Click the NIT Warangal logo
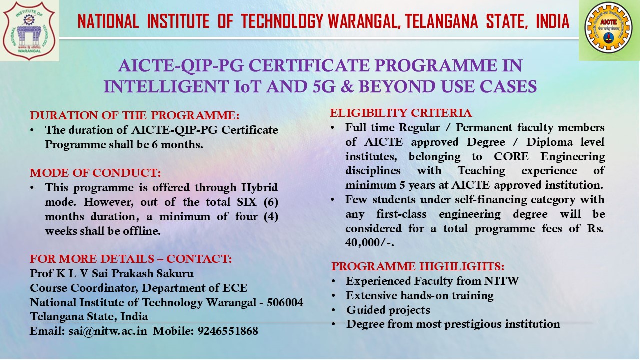coord(29,31)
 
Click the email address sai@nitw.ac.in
coord(108,331)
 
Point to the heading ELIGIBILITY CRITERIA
coord(401,113)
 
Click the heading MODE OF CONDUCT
coord(95,173)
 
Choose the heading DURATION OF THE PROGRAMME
coord(135,116)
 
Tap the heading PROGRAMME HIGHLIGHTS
coord(418,266)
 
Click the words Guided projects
coord(388,310)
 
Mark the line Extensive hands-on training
coord(420,295)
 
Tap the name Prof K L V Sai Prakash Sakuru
coord(111,274)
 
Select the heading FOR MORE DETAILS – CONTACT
coord(131,259)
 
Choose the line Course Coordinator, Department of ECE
coord(138,288)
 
